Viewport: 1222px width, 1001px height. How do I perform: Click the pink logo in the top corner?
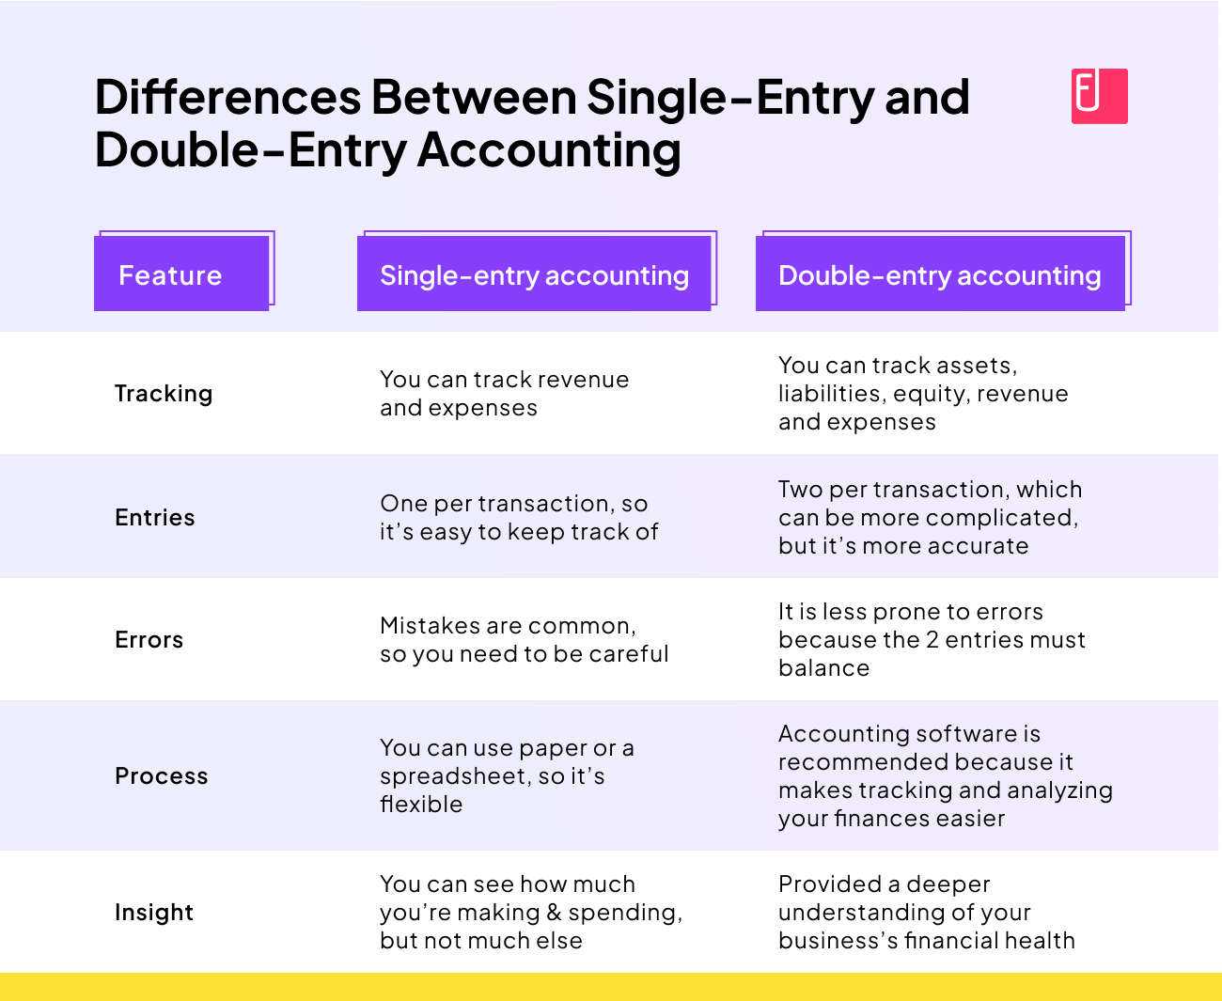pos(1099,96)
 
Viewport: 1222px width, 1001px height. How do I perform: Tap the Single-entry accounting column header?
pos(534,274)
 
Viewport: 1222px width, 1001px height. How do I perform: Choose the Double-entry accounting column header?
pos(940,274)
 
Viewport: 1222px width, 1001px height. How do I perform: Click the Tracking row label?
pos(164,394)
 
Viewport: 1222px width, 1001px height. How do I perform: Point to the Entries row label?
pos(155,518)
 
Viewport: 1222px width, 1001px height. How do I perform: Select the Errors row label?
pos(149,640)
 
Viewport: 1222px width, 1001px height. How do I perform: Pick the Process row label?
pos(162,776)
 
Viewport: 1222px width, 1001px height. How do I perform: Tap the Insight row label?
pos(154,913)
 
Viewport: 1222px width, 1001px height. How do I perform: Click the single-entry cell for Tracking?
pos(504,394)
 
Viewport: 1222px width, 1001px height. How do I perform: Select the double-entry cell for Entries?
pos(929,518)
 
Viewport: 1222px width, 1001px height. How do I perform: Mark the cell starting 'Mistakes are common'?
pos(524,640)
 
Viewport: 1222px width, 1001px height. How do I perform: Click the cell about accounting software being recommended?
pos(945,776)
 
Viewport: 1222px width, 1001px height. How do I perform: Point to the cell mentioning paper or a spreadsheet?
pos(507,776)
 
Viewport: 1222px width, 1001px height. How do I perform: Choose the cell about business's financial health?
pos(926,913)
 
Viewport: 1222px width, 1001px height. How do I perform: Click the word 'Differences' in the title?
pos(228,98)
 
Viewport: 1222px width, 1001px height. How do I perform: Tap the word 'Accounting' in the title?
pos(549,150)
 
